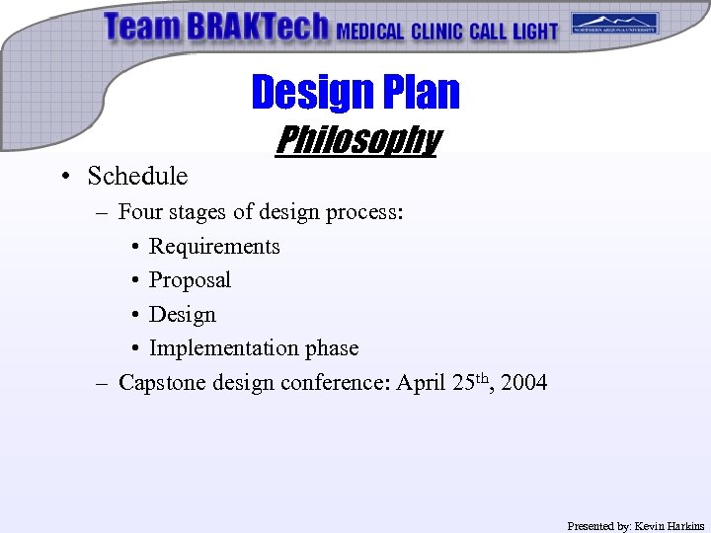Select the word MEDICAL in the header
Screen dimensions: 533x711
370,32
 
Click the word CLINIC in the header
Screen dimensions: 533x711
437,32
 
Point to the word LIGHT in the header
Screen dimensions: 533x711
534,32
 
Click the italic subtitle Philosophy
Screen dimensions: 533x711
356,140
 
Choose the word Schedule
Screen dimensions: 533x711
137,176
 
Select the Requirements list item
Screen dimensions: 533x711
214,247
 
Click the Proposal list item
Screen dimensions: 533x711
190,280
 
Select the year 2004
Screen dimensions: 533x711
524,382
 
